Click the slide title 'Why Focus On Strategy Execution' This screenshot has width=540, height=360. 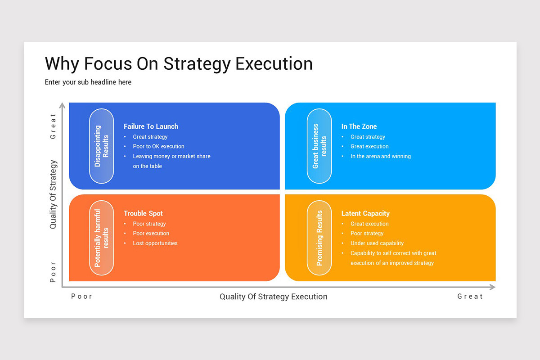(x=179, y=63)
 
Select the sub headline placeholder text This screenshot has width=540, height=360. (x=88, y=82)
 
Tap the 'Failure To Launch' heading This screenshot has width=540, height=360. (x=151, y=126)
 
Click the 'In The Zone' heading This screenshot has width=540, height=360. (x=359, y=126)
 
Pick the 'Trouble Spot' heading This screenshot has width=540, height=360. (x=143, y=213)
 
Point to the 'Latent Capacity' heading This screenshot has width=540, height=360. (x=365, y=213)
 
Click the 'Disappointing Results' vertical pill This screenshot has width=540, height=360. (x=101, y=146)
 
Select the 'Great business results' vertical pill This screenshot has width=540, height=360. (x=319, y=146)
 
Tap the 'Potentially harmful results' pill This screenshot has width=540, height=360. (x=101, y=238)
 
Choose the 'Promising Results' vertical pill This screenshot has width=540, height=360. (x=319, y=238)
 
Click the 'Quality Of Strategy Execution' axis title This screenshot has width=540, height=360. (x=273, y=297)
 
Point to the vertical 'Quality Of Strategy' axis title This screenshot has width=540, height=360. (x=54, y=194)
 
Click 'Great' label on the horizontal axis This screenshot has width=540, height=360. (x=470, y=297)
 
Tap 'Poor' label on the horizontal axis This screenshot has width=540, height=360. (x=81, y=297)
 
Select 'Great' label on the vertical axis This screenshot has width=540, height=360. (x=53, y=126)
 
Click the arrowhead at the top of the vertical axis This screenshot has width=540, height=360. (x=63, y=106)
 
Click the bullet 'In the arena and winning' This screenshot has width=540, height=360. (x=380, y=156)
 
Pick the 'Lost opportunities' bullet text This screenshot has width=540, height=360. (x=155, y=243)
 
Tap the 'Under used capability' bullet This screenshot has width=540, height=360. (x=377, y=243)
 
